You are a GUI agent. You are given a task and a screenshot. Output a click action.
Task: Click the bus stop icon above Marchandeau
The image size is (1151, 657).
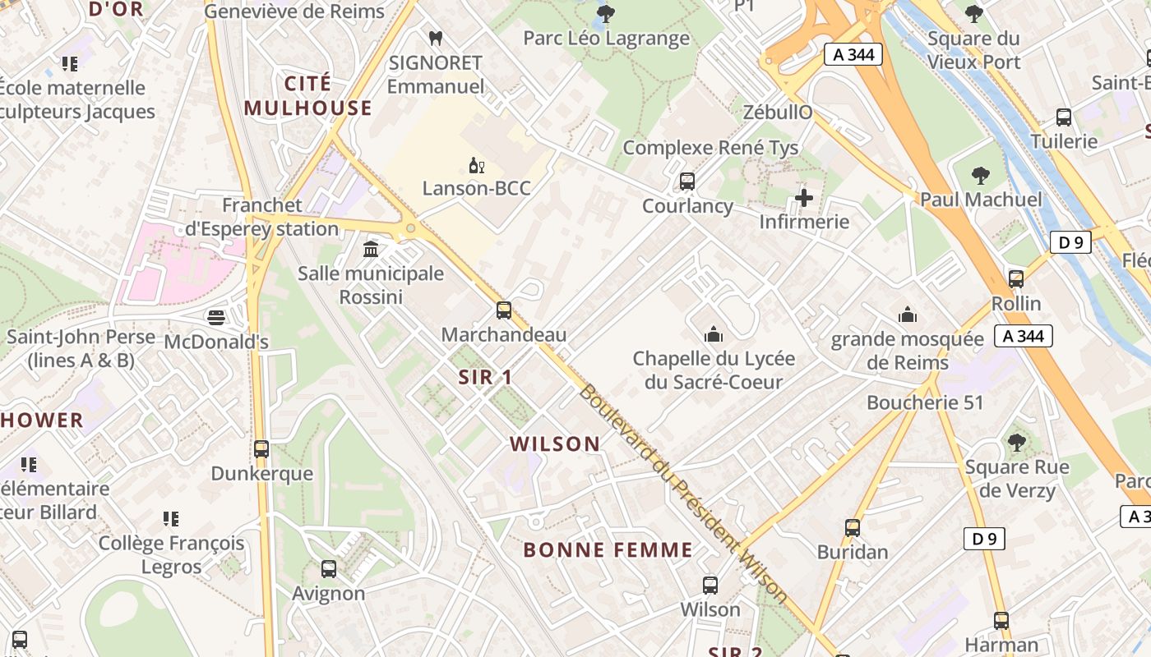(x=504, y=310)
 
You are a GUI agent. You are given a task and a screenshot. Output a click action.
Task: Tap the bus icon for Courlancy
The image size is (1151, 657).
(x=687, y=181)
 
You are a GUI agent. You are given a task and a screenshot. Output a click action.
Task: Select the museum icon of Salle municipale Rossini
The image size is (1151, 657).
(x=371, y=249)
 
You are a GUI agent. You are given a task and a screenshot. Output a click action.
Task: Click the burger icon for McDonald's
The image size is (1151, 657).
(x=216, y=317)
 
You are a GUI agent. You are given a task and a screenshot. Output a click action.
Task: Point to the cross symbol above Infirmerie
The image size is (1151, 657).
(x=804, y=198)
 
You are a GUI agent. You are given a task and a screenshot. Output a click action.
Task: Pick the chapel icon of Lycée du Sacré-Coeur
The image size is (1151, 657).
(x=713, y=334)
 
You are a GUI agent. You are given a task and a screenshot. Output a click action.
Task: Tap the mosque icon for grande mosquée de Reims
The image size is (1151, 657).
(x=908, y=315)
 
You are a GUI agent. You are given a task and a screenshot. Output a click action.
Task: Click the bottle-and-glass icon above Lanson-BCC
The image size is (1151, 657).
(x=476, y=165)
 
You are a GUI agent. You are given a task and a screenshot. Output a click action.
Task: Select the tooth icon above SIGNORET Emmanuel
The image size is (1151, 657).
(x=436, y=38)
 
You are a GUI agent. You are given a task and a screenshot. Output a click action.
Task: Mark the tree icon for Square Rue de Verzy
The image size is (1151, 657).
(x=1017, y=443)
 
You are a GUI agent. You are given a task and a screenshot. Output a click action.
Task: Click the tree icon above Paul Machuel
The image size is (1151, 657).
(x=980, y=175)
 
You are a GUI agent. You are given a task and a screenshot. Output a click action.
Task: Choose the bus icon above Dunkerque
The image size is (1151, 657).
(x=261, y=449)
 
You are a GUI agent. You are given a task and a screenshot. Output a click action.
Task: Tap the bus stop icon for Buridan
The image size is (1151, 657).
(x=853, y=527)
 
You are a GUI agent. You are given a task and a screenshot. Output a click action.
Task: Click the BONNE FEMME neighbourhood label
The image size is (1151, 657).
(x=608, y=550)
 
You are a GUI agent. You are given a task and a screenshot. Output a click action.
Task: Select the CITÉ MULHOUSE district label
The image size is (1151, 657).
(x=308, y=96)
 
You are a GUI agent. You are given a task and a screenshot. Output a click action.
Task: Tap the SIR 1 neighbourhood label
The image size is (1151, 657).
(x=486, y=378)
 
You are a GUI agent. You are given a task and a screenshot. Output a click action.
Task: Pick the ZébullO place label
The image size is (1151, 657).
(x=778, y=113)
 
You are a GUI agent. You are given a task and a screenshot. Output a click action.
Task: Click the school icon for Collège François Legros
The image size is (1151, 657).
(x=171, y=519)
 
